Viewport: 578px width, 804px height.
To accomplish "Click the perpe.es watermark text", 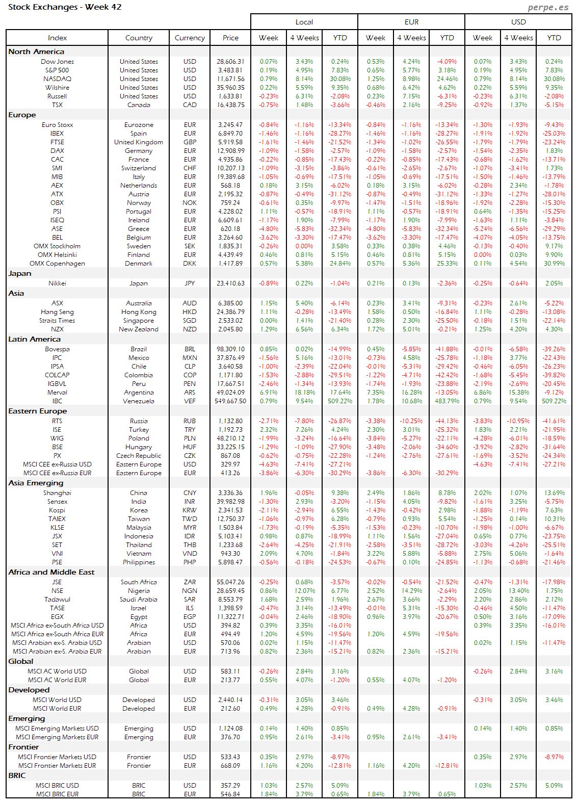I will tap(548, 7).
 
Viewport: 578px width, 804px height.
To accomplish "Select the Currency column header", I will tap(190, 38).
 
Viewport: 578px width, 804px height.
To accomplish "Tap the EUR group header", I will tap(411, 22).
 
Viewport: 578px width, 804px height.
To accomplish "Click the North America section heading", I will tap(36, 51).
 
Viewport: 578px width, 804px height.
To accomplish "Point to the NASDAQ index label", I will tap(57, 79).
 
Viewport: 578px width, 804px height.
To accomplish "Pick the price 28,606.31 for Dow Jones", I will tap(230, 62).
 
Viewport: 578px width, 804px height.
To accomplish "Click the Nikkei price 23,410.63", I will tap(230, 283).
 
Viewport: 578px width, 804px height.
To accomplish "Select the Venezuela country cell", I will tap(139, 401).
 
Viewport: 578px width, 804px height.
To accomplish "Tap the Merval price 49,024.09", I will tap(230, 393).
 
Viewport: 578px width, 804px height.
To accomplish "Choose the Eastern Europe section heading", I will tap(38, 411).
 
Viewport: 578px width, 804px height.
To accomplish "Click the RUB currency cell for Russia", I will tap(190, 421).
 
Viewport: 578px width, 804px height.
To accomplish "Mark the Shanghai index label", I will tap(57, 493).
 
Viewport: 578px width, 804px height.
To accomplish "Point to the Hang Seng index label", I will tap(57, 312).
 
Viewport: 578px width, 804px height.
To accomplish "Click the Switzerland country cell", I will tap(139, 168).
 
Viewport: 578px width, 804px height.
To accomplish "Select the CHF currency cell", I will tap(190, 168).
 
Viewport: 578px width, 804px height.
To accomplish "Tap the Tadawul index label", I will tap(57, 600).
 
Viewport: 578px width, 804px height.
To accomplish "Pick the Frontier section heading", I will tap(23, 747).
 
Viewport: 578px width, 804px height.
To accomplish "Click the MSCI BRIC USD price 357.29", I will tap(230, 786).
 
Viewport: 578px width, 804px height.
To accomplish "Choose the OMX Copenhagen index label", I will tap(57, 264).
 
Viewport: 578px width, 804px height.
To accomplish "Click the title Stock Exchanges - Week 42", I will tap(65, 7).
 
